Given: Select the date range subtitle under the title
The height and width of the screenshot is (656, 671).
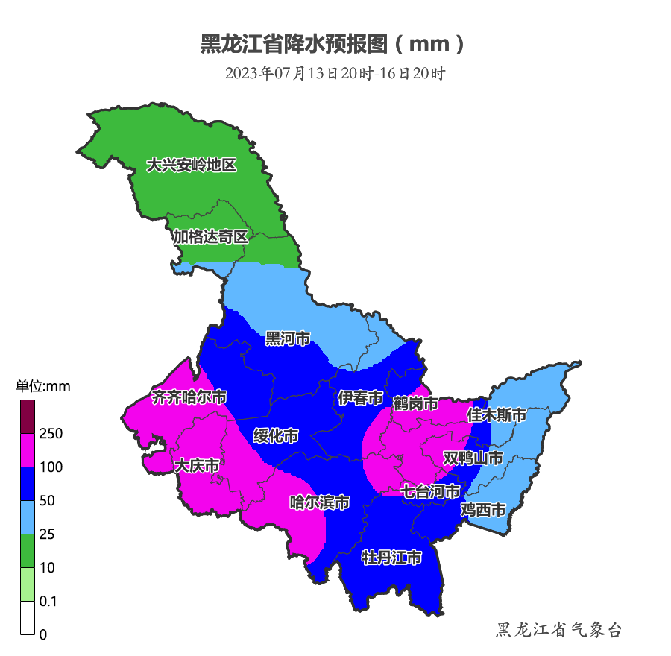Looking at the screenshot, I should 335,73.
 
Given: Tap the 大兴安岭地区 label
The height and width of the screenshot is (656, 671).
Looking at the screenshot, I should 191,165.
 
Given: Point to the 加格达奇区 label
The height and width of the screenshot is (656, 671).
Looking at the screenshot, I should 210,237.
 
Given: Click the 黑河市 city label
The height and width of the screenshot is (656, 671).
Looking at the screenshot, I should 288,339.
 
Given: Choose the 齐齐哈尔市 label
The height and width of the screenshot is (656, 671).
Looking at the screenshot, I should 189,397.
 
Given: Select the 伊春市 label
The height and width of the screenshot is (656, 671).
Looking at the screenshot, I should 360,398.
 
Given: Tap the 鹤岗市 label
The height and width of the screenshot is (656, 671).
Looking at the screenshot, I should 415,403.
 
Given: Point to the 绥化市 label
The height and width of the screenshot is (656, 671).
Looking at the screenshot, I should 276,435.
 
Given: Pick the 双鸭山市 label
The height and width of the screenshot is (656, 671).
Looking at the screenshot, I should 473,457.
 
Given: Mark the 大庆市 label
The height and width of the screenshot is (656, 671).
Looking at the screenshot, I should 196,466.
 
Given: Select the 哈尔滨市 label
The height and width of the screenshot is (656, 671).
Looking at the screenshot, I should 320,502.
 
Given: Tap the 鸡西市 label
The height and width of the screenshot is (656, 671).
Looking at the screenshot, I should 483,510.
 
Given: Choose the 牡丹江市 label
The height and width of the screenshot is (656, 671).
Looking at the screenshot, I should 391,557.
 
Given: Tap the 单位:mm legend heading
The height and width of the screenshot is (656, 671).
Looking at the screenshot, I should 42,386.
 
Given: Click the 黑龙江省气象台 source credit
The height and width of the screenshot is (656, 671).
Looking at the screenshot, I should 558,631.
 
